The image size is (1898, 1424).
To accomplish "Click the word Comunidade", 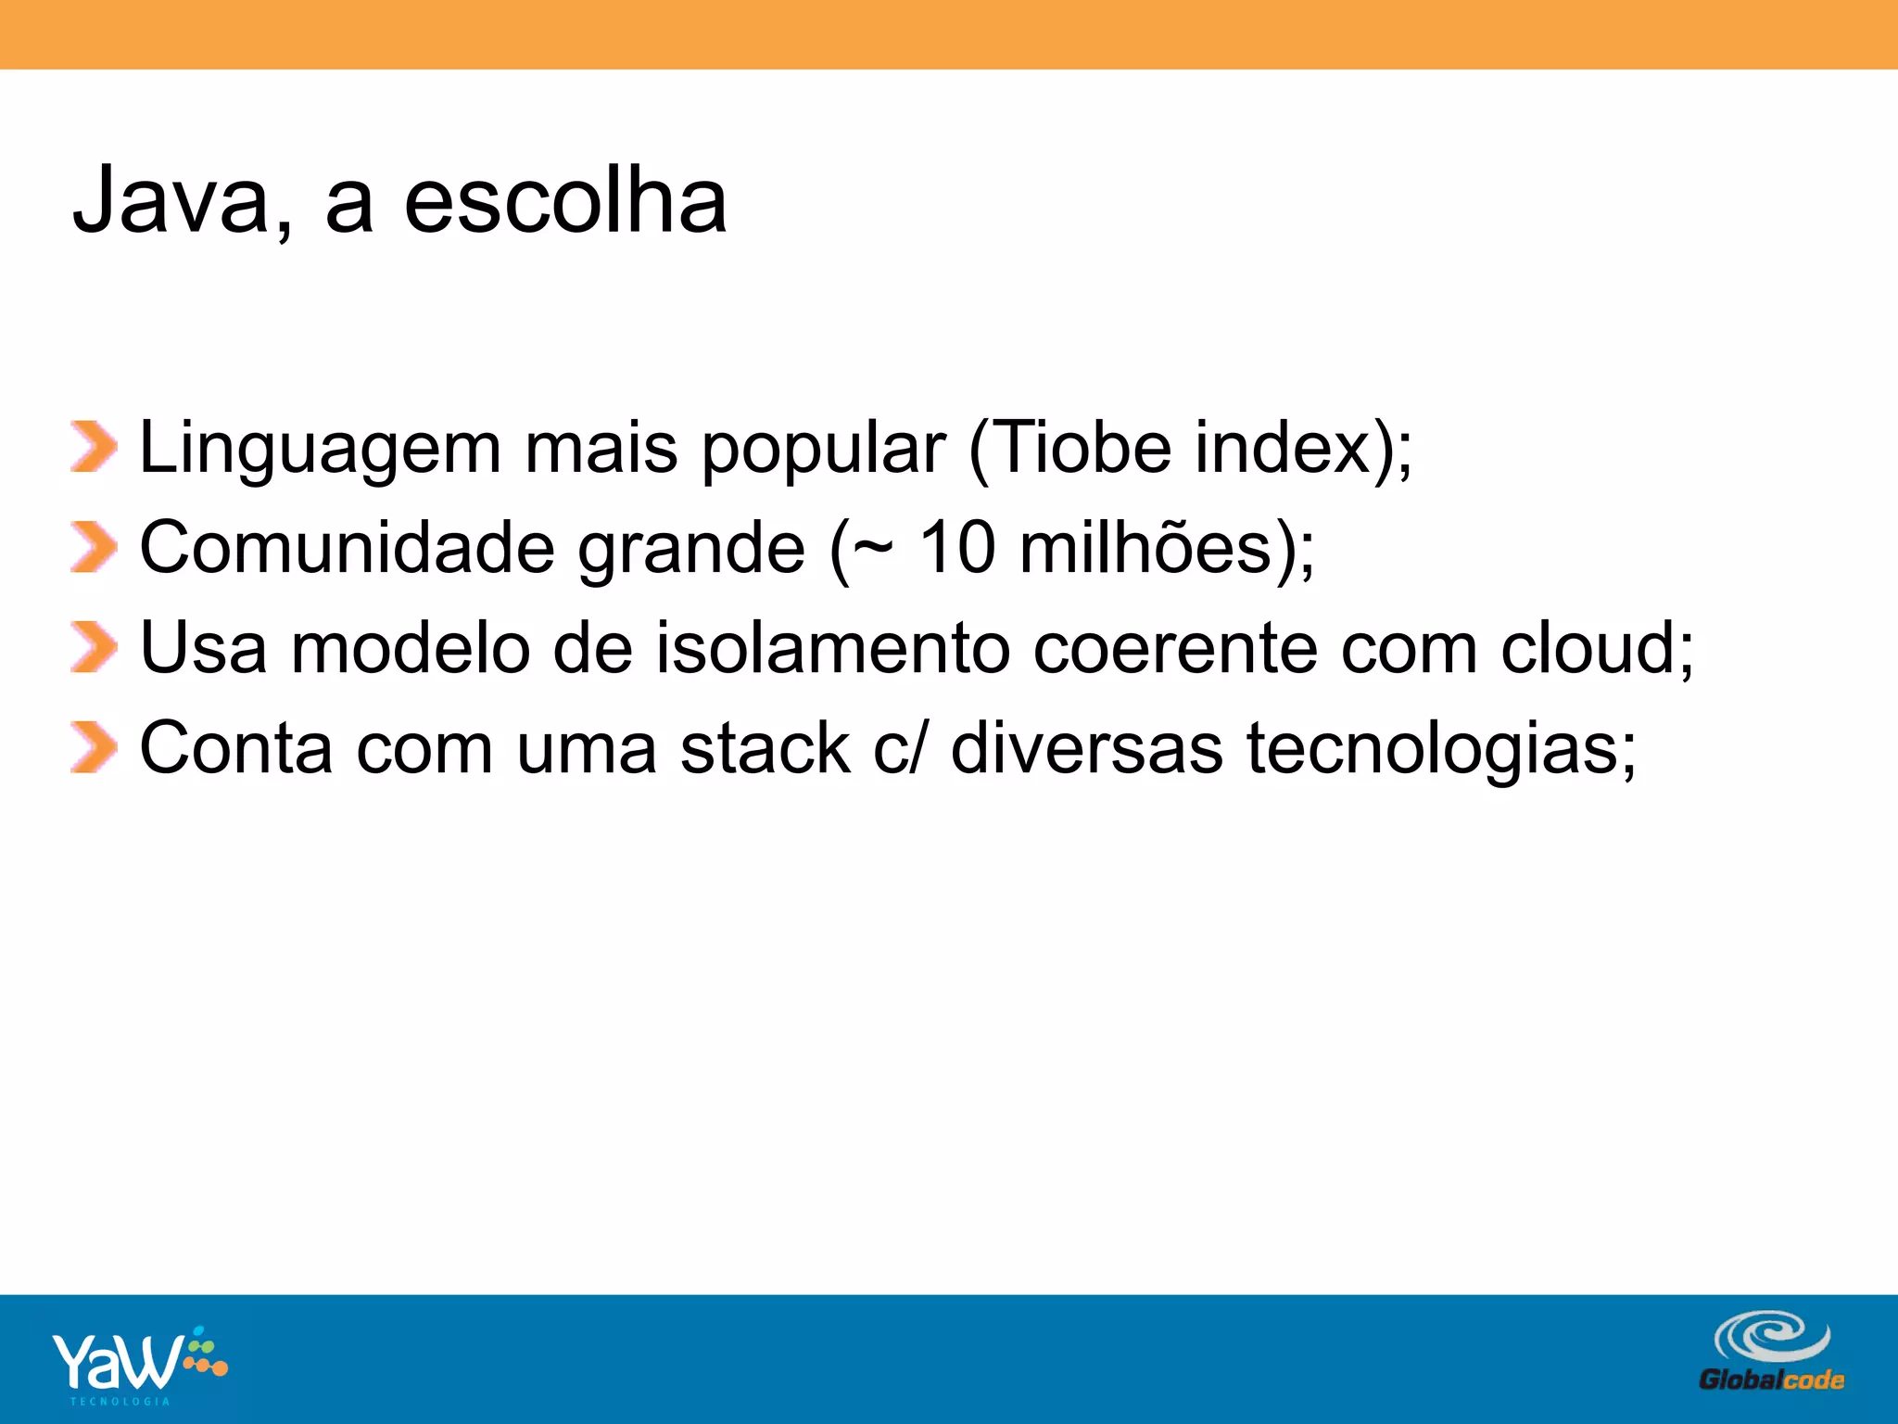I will pos(347,548).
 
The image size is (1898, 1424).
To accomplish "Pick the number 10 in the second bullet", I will pos(957,548).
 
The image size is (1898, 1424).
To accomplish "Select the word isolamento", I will pos(833,648).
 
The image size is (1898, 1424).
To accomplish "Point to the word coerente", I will pos(1175,648).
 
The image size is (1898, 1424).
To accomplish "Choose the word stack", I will pos(765,748).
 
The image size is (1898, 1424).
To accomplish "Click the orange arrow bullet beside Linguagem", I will pos(94,447).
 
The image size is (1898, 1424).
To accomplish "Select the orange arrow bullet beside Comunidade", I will pos(94,547).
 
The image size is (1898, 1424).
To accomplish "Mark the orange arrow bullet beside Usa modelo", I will pos(94,647).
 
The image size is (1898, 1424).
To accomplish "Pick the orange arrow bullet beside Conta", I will pos(94,747).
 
